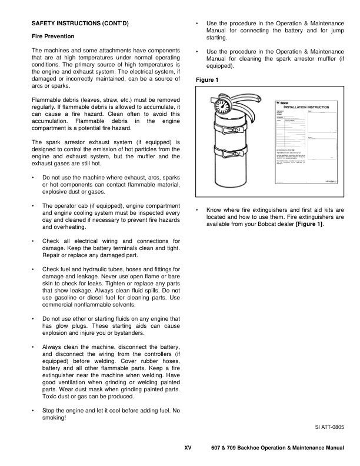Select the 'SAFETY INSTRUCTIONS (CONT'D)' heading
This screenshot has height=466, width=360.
coord(79,23)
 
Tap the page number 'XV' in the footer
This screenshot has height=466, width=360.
coord(188,448)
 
